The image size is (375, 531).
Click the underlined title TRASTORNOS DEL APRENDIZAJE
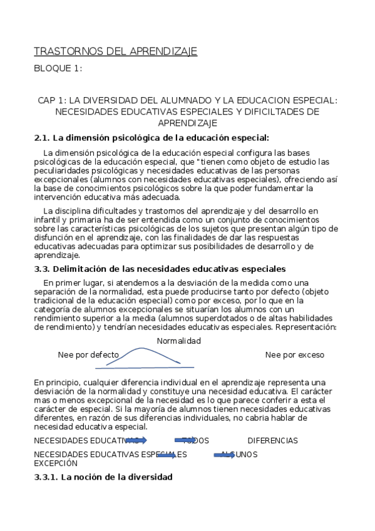coord(115,51)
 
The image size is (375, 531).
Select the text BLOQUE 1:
coord(58,68)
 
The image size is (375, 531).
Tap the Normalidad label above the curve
coord(178,341)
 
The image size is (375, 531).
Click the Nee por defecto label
coord(88,355)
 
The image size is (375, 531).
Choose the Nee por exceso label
coord(294,355)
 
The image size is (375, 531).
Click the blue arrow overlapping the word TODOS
coord(186,440)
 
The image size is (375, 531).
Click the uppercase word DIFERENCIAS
coord(272,441)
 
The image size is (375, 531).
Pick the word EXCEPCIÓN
coord(56,464)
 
